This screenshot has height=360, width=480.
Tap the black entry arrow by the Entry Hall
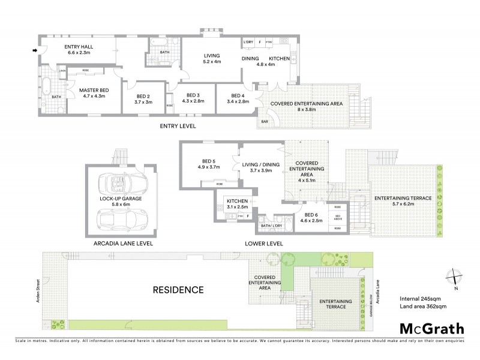click(x=34, y=50)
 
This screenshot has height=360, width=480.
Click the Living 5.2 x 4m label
click(x=212, y=58)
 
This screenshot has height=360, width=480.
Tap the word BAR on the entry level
click(x=265, y=122)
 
